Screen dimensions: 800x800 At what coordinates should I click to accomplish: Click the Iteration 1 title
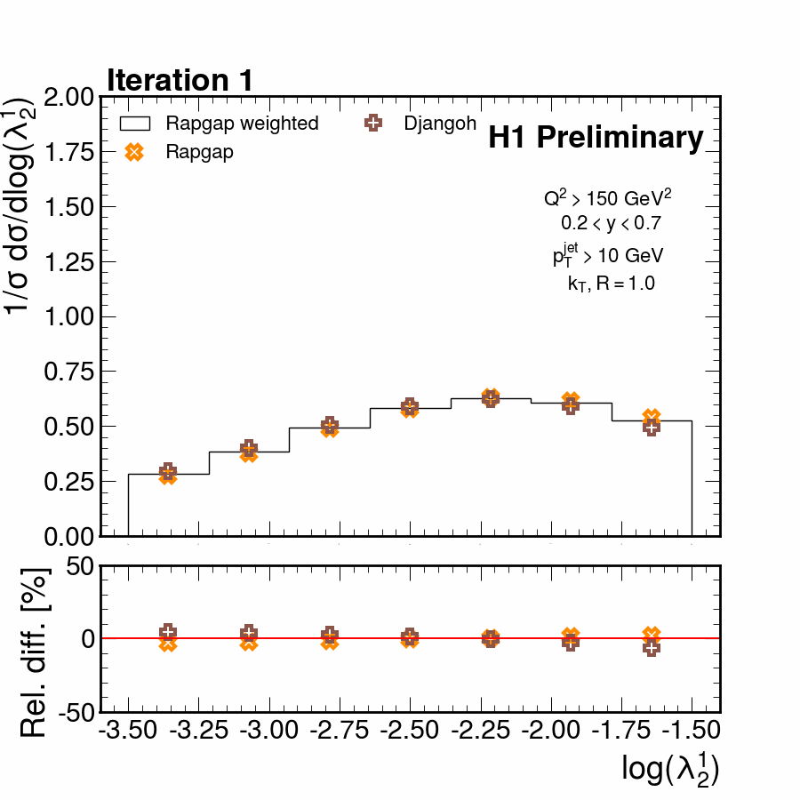(x=180, y=80)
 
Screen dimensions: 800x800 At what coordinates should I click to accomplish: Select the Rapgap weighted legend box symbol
(x=134, y=124)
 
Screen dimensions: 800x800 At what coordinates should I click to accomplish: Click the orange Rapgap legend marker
(x=134, y=152)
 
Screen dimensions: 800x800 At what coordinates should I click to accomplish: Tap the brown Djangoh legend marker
(x=373, y=124)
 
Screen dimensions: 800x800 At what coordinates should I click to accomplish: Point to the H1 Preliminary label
(x=596, y=138)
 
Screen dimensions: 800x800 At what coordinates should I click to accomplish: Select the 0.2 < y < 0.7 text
(x=611, y=222)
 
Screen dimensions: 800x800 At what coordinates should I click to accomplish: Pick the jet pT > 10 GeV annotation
(x=608, y=256)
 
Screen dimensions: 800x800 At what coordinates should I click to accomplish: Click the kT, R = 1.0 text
(x=612, y=284)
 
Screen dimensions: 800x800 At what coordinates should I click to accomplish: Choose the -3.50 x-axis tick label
(x=129, y=731)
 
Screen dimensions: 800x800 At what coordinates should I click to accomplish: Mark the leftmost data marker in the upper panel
(x=168, y=474)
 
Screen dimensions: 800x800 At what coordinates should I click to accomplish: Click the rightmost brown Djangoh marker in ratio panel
(x=652, y=648)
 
